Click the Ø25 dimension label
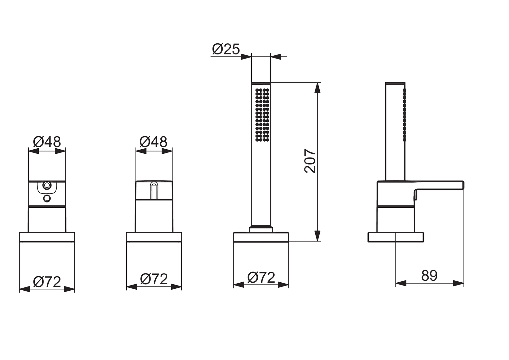(226, 49)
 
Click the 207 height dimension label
(310, 161)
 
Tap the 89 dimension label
(429, 276)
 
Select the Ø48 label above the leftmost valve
(47, 142)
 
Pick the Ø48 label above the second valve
(153, 142)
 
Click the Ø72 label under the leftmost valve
(47, 282)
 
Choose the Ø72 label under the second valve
(154, 279)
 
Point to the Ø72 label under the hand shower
(261, 278)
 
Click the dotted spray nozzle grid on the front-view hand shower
(262, 115)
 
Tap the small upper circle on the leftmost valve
(47, 185)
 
